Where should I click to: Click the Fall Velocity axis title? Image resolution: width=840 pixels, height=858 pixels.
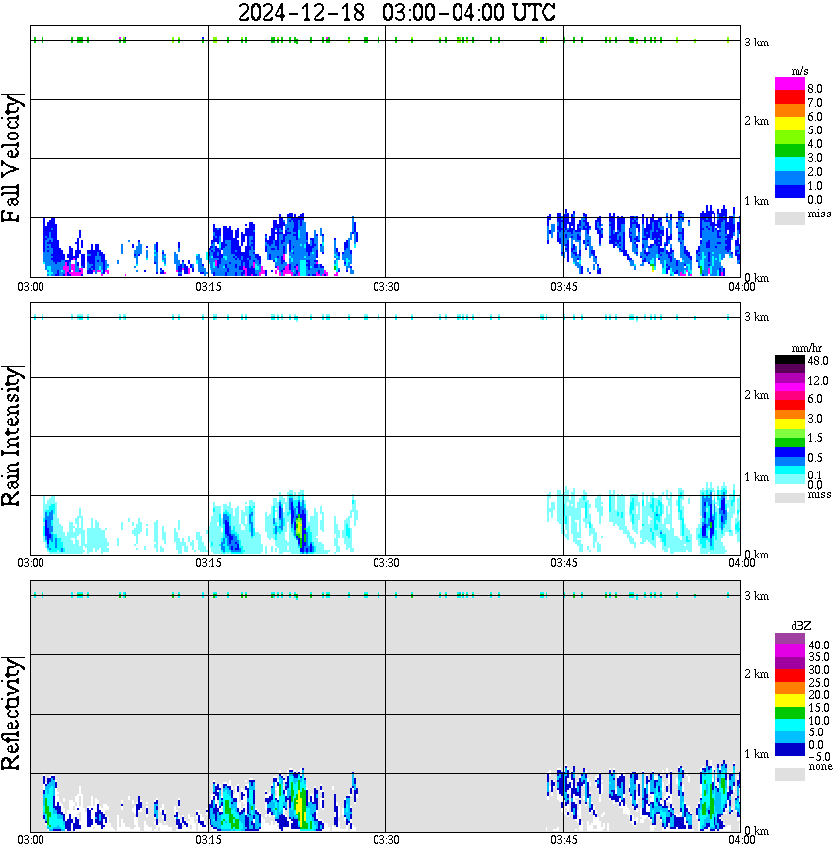(13, 158)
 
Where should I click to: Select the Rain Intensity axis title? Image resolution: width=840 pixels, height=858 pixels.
(13, 435)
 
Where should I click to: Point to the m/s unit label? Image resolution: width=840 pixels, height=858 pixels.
(801, 70)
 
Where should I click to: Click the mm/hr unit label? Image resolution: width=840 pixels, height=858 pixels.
(801, 348)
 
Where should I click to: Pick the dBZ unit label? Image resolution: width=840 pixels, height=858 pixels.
(801, 626)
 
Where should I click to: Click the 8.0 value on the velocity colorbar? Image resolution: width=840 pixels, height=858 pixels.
(816, 89)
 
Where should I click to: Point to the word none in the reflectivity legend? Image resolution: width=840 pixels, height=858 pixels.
(820, 768)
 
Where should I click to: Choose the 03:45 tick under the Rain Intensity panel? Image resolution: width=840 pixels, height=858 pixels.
(563, 564)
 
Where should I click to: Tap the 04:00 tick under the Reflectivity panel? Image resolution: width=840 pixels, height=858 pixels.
(741, 841)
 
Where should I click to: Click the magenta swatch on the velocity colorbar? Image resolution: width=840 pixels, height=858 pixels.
(790, 84)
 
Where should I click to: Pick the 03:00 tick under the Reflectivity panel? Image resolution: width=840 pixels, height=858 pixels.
(31, 841)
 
